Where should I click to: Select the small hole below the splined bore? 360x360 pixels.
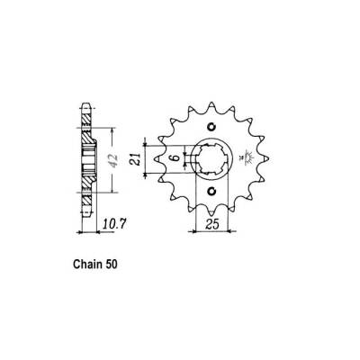[211, 192]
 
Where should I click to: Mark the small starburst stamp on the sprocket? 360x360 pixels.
[245, 160]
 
